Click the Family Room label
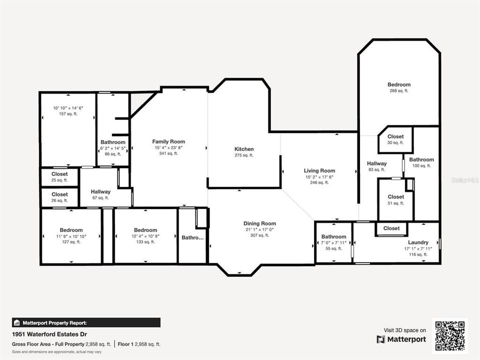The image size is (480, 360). coord(168,141)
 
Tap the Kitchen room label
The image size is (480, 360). coord(244,149)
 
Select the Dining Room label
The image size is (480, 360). coord(259,223)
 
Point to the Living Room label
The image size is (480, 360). coord(319,171)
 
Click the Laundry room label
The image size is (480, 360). coord(418,242)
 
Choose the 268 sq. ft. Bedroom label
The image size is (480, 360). coord(398,85)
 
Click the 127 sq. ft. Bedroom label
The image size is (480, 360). coord(71,230)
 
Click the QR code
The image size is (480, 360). coord(449,336)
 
